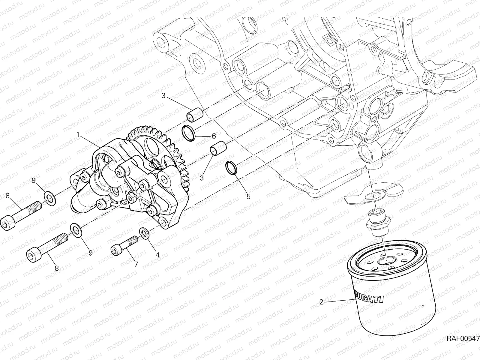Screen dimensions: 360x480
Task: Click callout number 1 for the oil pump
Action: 78,135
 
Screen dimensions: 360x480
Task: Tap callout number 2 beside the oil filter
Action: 321,302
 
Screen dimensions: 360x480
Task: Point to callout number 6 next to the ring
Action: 214,136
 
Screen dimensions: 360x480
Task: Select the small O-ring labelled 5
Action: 231,167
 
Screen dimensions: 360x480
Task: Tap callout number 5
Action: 248,196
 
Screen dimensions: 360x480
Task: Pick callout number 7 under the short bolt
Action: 136,264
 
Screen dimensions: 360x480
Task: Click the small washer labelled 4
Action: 144,233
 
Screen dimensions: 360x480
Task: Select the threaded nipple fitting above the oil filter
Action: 379,221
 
